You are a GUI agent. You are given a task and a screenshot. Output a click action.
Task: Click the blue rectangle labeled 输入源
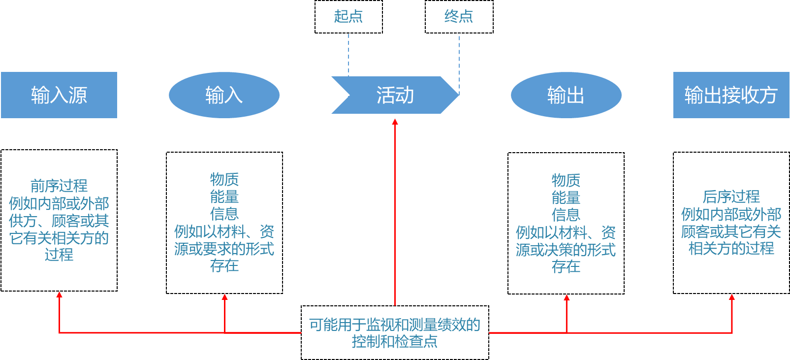click(59, 95)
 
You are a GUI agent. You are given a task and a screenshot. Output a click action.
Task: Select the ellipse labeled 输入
click(224, 95)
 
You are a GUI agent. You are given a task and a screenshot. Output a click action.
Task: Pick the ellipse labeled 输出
click(566, 95)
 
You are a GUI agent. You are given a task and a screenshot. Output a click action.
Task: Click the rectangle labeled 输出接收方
click(731, 95)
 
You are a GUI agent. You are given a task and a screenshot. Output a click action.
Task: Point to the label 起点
click(348, 16)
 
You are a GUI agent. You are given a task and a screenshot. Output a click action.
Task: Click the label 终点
click(459, 16)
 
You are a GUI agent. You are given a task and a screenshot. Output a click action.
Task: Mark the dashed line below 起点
click(348, 54)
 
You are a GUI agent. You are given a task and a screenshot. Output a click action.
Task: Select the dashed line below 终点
click(459, 62)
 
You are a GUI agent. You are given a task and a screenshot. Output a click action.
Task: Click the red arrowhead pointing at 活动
click(395, 122)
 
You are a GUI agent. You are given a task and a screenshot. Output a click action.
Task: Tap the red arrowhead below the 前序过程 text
click(59, 295)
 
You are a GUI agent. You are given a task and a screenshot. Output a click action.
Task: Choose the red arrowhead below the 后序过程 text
click(732, 297)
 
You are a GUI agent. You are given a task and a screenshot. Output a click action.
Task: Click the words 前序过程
click(59, 186)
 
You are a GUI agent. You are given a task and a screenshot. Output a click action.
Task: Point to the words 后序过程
click(731, 197)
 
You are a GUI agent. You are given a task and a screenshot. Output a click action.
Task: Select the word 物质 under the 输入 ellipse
click(224, 179)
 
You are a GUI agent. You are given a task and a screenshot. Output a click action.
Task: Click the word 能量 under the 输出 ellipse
click(566, 198)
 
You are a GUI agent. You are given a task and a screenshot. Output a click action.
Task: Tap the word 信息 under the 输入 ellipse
click(224, 214)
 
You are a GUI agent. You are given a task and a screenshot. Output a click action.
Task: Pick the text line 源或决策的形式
click(566, 250)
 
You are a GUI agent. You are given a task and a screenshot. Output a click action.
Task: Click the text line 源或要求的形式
click(224, 249)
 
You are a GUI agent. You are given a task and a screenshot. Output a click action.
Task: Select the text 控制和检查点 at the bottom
click(395, 341)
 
